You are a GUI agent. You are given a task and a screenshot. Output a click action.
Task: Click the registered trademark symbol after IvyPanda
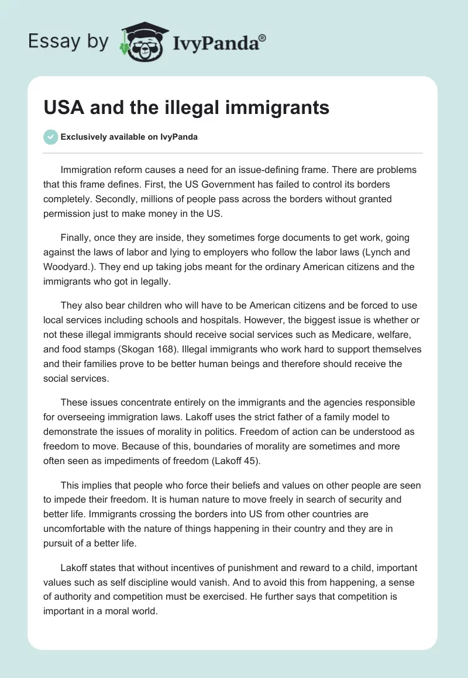click(x=263, y=38)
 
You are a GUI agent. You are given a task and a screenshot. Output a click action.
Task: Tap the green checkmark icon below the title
click(x=50, y=137)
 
